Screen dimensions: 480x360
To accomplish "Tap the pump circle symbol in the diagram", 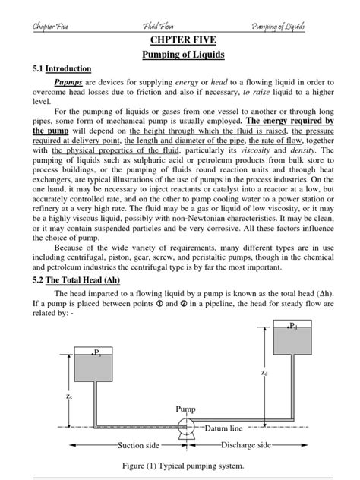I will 184,427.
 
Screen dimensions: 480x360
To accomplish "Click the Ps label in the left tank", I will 97,352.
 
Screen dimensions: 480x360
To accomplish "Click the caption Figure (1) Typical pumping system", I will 180,466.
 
